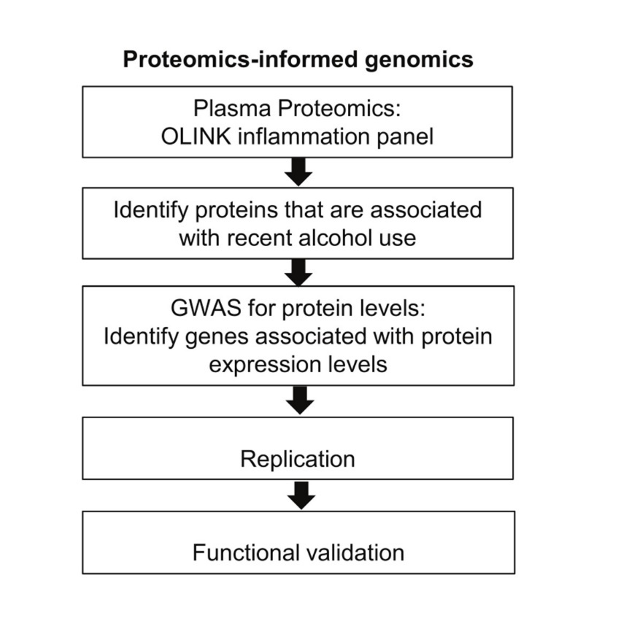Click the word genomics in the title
418,58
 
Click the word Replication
298,459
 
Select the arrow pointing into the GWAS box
299,272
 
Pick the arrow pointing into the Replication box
299,401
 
